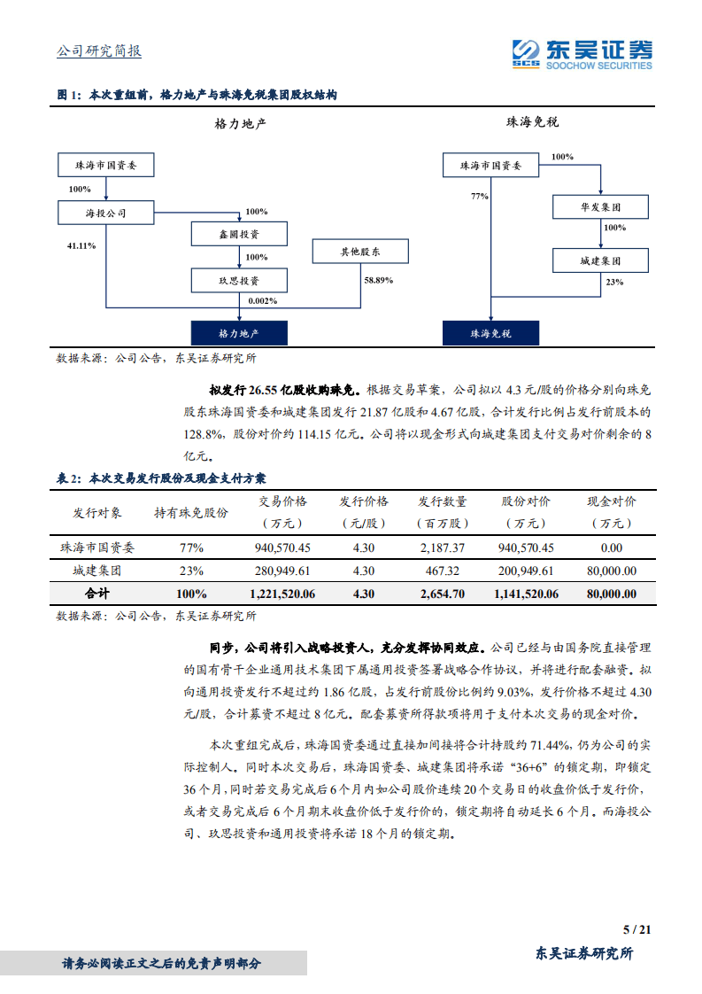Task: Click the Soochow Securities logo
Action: point(582,52)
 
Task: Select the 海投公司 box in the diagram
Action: point(105,213)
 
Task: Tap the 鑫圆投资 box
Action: point(239,234)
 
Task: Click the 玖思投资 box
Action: point(239,280)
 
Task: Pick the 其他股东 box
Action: point(360,252)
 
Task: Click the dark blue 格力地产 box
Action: point(239,333)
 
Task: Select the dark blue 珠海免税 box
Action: point(490,333)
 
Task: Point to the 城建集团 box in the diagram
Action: point(600,260)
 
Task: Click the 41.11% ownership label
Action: point(81,245)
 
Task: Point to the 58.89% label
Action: point(379,280)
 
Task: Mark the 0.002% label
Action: point(263,301)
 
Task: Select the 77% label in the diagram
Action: point(480,196)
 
